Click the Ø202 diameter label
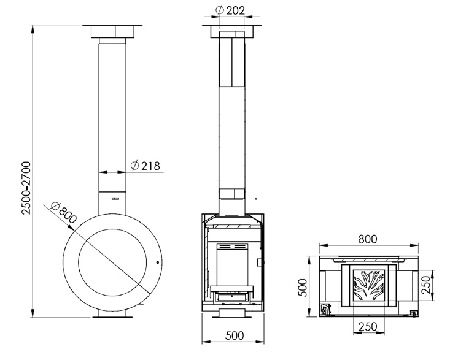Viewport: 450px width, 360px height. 230,10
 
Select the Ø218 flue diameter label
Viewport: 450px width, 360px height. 145,166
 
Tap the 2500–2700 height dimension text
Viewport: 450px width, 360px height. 26,188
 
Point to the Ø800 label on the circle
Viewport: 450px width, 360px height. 64,213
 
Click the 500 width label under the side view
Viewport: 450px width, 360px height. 235,335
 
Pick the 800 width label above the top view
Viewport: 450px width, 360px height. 368,239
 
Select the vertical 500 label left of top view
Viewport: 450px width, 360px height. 303,288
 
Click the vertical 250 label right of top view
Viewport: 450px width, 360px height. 427,285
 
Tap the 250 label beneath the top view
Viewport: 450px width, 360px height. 368,326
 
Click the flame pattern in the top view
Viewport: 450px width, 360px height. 369,285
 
